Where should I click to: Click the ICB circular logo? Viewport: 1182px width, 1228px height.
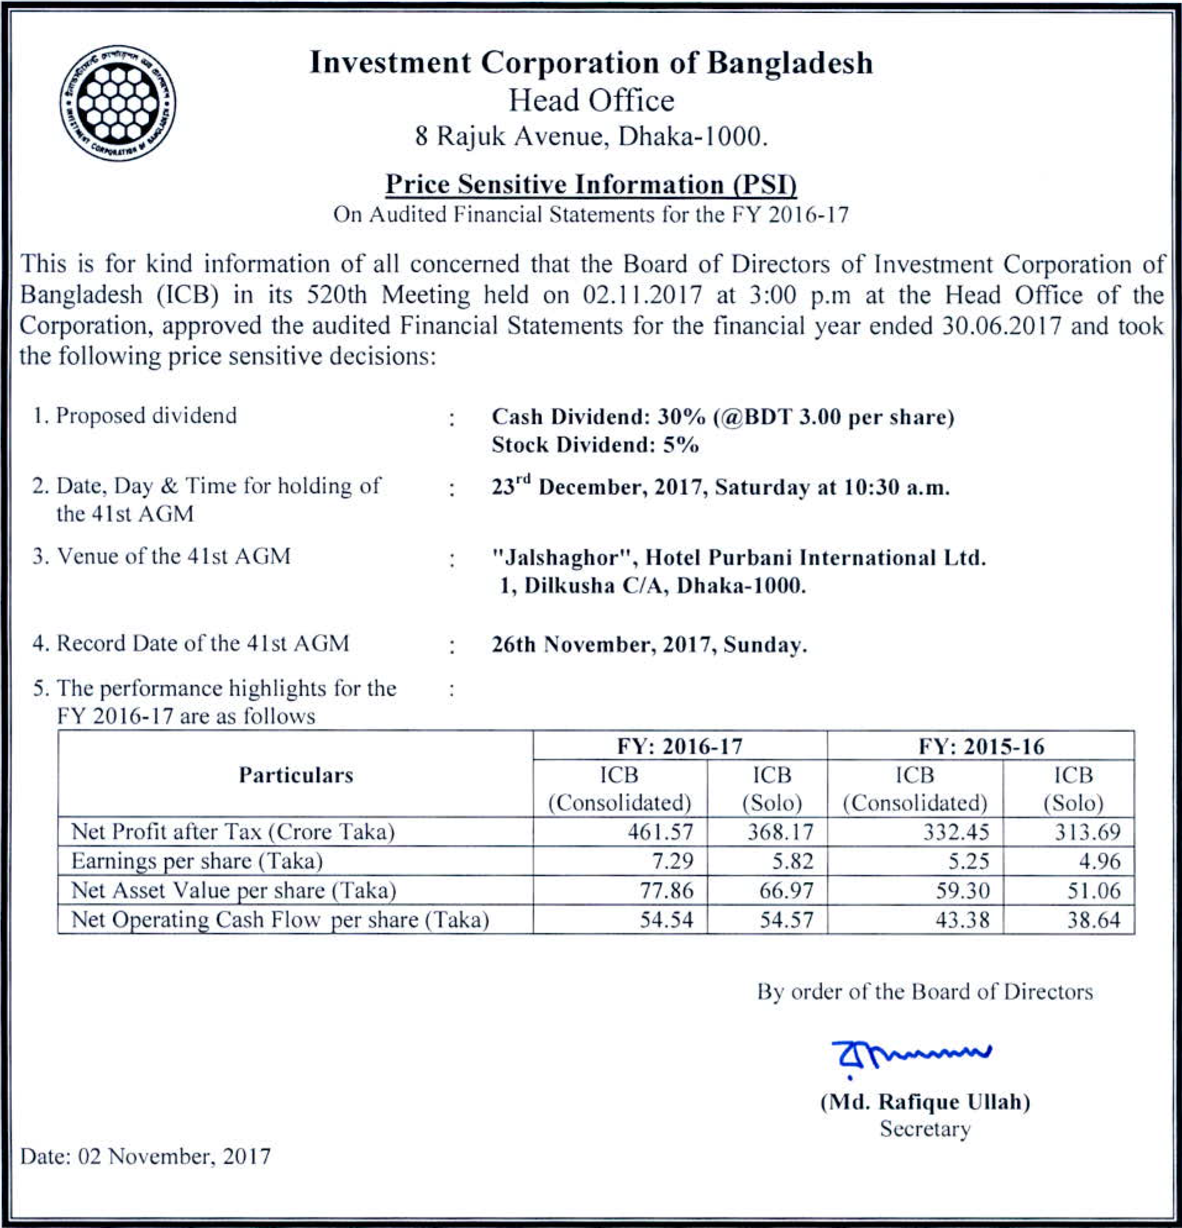[118, 103]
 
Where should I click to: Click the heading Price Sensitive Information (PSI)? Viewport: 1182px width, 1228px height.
[590, 184]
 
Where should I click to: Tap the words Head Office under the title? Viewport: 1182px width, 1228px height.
[590, 100]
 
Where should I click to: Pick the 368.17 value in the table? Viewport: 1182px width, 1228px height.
[780, 831]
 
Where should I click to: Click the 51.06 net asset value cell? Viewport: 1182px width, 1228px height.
[1093, 890]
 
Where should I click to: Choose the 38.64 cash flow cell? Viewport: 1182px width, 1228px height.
[1093, 920]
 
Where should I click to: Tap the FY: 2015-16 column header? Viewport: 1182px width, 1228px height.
[981, 746]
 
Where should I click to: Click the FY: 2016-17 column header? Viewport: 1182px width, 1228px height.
[680, 746]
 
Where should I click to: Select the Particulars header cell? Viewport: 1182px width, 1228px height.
[296, 775]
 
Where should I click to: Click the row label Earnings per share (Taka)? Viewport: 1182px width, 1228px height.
[196, 861]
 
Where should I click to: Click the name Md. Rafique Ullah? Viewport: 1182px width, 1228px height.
[925, 1101]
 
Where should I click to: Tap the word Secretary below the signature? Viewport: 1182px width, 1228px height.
[925, 1129]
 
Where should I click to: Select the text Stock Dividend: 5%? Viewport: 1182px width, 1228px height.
[595, 445]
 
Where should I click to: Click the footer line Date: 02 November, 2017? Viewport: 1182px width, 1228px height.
[145, 1156]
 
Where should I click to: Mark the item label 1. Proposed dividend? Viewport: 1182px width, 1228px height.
[135, 415]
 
